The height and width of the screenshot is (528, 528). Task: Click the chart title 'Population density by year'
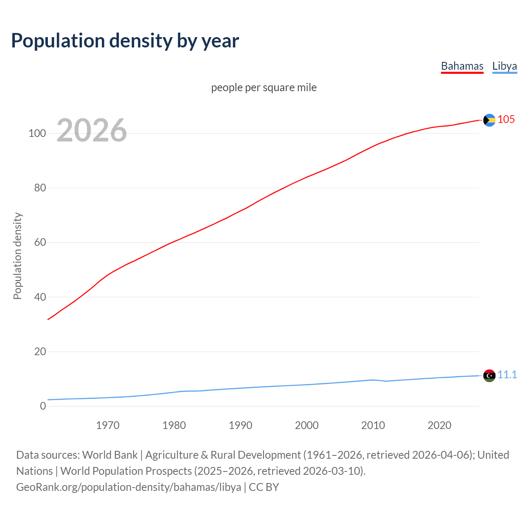pyautogui.click(x=125, y=41)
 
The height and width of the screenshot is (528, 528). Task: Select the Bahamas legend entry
pyautogui.click(x=462, y=66)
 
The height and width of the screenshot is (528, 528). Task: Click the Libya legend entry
pyautogui.click(x=504, y=66)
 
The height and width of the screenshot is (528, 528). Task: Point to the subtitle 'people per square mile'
pyautogui.click(x=264, y=87)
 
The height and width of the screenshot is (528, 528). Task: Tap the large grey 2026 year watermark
pyautogui.click(x=92, y=130)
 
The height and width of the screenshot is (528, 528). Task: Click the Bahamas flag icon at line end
pyautogui.click(x=489, y=120)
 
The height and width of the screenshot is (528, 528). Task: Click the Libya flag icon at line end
pyautogui.click(x=489, y=375)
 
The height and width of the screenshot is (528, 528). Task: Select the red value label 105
pyautogui.click(x=506, y=119)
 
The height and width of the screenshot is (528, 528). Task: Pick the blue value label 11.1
pyautogui.click(x=507, y=375)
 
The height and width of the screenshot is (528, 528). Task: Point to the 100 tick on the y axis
pyautogui.click(x=37, y=133)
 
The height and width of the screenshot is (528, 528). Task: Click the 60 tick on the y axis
pyautogui.click(x=40, y=243)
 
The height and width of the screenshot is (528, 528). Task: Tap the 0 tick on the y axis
pyautogui.click(x=43, y=406)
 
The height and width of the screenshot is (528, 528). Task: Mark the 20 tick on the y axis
pyautogui.click(x=40, y=352)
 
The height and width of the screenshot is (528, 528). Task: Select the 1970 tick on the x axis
pyautogui.click(x=108, y=425)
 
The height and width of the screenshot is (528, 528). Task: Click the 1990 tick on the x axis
pyautogui.click(x=240, y=425)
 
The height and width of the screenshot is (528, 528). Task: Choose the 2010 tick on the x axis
pyautogui.click(x=373, y=425)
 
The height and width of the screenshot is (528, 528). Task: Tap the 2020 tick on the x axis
pyautogui.click(x=439, y=425)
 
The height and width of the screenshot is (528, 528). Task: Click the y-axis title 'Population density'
pyautogui.click(x=17, y=256)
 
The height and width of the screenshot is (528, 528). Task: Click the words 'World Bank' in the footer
pyautogui.click(x=110, y=455)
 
